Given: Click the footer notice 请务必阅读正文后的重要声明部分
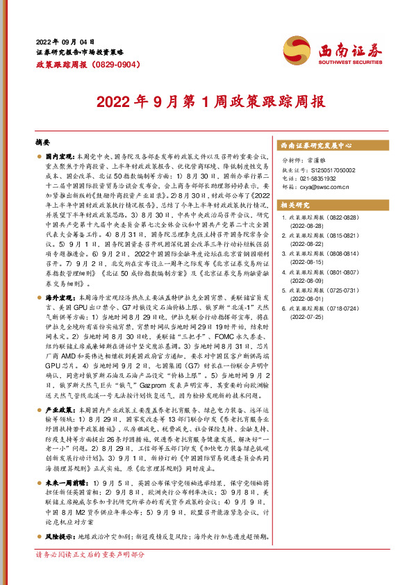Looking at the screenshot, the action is [x=90, y=575].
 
